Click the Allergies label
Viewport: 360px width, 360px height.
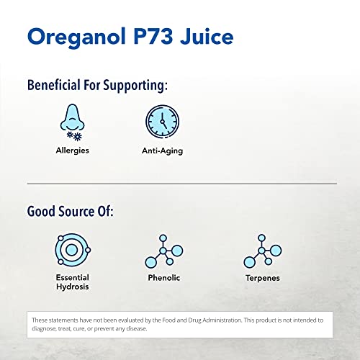click(x=72, y=151)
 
